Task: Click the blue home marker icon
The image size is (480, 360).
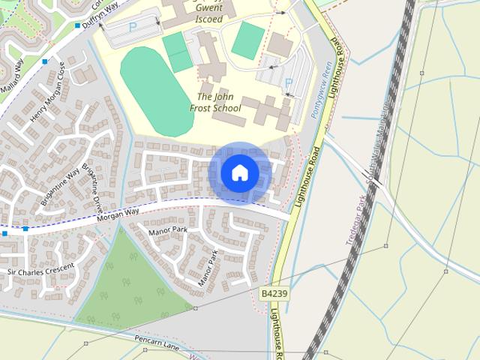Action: [x=239, y=173]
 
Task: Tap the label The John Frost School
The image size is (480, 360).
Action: [x=215, y=103]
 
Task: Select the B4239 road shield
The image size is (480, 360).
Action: [x=275, y=294]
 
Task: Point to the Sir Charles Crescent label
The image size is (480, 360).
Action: [x=40, y=268]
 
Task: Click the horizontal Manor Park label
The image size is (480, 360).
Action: [x=167, y=230]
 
